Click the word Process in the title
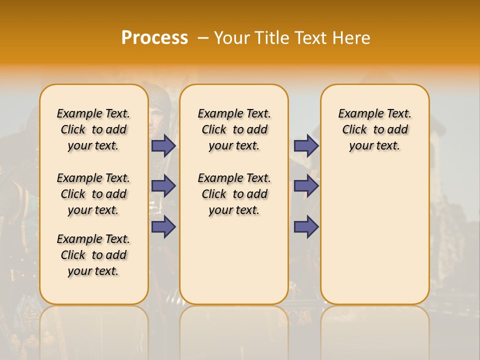[x=154, y=38]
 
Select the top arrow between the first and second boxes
[x=163, y=145]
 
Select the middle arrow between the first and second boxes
[x=163, y=186]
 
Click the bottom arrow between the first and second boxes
[x=163, y=226]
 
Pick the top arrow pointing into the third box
[x=306, y=145]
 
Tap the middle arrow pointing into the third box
[x=306, y=186]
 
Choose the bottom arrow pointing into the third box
[x=306, y=226]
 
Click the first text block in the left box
[x=93, y=129]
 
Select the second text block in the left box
[x=93, y=194]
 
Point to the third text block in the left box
[x=93, y=255]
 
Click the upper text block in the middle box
[x=234, y=129]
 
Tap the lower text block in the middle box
[x=234, y=194]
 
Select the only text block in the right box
[x=374, y=129]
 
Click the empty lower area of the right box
[x=374, y=235]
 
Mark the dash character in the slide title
[x=203, y=38]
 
